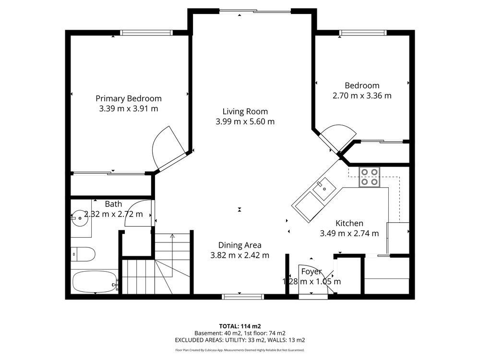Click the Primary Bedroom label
point(129,98)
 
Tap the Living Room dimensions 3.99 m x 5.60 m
point(245,121)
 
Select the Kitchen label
point(349,223)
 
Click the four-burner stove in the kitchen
point(369,177)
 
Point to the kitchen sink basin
point(324,189)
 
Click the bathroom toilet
point(83,254)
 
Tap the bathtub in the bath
point(95,282)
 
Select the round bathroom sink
point(80,218)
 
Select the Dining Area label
point(240,245)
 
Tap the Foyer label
point(312,272)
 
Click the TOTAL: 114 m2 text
point(240,326)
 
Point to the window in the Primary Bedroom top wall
point(146,33)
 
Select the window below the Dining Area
point(243,296)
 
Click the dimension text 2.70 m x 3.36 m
point(362,96)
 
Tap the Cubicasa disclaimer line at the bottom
point(240,350)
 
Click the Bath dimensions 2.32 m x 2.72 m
point(113,214)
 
